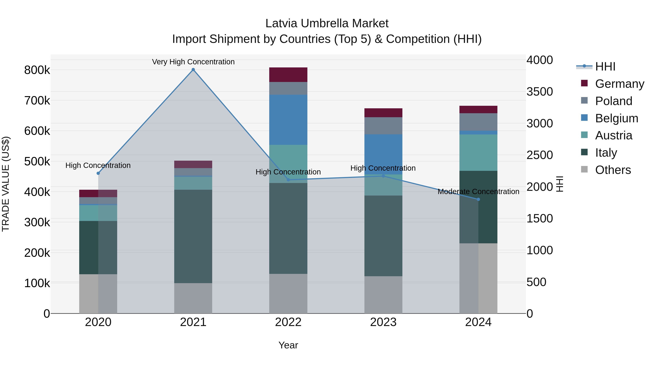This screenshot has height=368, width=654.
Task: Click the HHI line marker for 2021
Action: pos(193,70)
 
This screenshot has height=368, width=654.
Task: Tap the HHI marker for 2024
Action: pos(478,199)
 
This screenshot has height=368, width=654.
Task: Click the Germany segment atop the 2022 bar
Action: pos(288,75)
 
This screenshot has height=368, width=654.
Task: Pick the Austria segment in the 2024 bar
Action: pos(478,152)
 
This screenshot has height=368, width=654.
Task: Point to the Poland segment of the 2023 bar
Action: pos(383,126)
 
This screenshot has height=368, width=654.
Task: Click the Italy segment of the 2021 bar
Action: pos(193,236)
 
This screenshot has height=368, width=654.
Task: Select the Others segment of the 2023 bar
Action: pos(383,295)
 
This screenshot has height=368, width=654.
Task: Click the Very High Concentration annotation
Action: pos(193,62)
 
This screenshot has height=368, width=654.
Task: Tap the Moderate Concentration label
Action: pos(478,192)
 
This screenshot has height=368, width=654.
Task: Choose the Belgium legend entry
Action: pos(616,118)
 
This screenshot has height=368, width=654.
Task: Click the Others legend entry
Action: pos(613,170)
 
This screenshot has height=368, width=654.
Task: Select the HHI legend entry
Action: pos(605,67)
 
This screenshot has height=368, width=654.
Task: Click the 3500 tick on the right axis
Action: pos(540,92)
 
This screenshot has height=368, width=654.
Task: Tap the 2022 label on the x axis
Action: pos(288,322)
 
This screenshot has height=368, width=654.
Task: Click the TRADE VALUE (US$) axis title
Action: pos(6,184)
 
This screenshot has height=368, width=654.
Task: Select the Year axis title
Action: pos(288,345)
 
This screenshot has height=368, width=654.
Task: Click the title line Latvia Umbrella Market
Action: pos(327,23)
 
